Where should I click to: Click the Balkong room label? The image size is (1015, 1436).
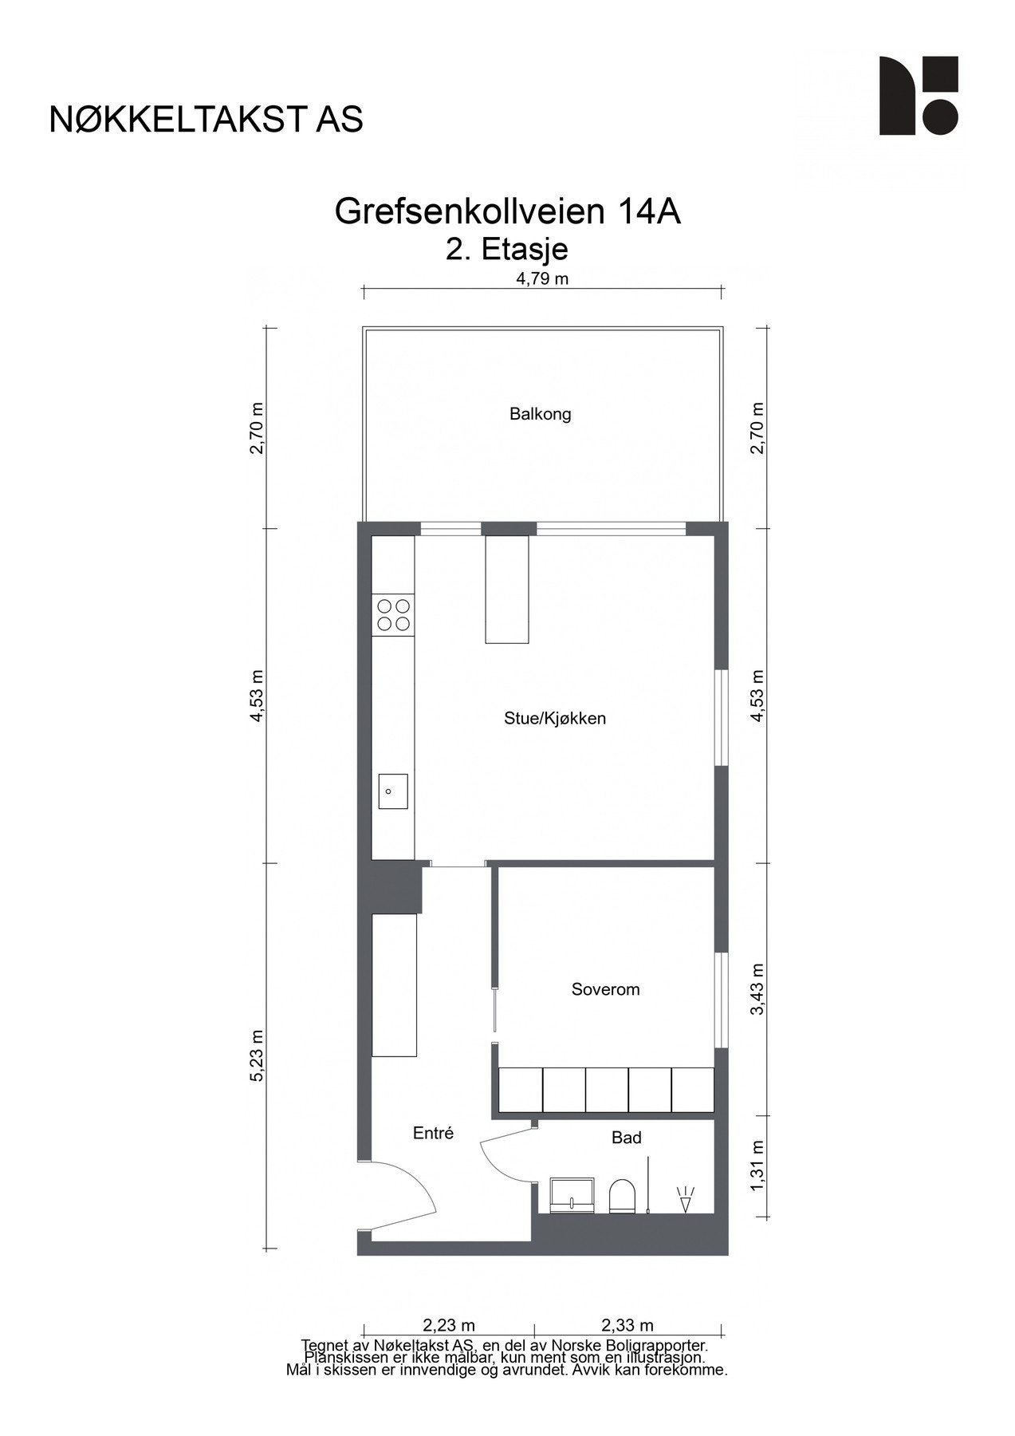pyautogui.click(x=540, y=414)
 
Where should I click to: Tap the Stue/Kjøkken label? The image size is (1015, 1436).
pyautogui.click(x=555, y=718)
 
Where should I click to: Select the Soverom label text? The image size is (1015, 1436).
pyautogui.click(x=605, y=989)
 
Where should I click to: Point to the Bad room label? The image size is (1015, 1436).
pyautogui.click(x=626, y=1138)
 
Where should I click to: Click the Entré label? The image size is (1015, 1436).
pyautogui.click(x=433, y=1133)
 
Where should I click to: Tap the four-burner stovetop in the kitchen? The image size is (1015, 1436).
pyautogui.click(x=394, y=614)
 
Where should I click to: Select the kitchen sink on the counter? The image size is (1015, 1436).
pyautogui.click(x=392, y=791)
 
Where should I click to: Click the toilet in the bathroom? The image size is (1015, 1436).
pyautogui.click(x=621, y=1197)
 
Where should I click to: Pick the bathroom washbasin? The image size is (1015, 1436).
pyautogui.click(x=572, y=1196)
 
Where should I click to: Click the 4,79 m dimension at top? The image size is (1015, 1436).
pyautogui.click(x=542, y=278)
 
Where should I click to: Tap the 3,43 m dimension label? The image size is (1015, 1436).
pyautogui.click(x=757, y=988)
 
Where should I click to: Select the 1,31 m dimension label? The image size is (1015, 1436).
pyautogui.click(x=757, y=1165)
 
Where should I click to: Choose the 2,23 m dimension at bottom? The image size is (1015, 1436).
pyautogui.click(x=449, y=1325)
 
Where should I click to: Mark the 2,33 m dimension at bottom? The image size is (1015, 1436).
pyautogui.click(x=627, y=1325)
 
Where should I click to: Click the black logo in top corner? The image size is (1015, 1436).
pyautogui.click(x=918, y=96)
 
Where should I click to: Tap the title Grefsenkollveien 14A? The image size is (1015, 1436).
pyautogui.click(x=507, y=211)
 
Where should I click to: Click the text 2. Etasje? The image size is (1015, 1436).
pyautogui.click(x=507, y=250)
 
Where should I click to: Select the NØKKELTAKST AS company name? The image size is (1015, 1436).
pyautogui.click(x=206, y=120)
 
